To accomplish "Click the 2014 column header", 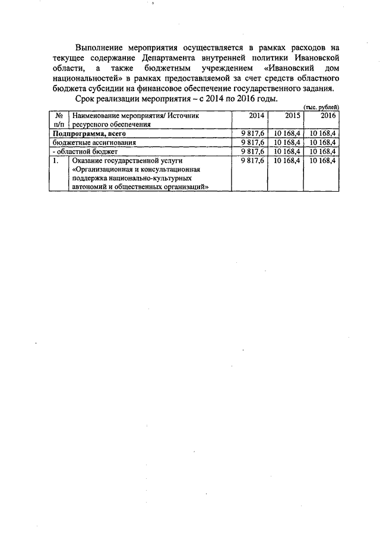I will click(x=256, y=116).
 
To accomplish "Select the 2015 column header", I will click(x=291, y=116).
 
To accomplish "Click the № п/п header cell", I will click(x=59, y=120).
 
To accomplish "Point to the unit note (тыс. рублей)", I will click(x=321, y=106).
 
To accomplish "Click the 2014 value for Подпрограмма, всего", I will click(x=253, y=134).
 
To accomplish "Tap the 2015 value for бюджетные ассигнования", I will click(x=287, y=142).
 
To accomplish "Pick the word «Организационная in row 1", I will click(x=102, y=169).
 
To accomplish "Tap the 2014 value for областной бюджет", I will click(x=253, y=151).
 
